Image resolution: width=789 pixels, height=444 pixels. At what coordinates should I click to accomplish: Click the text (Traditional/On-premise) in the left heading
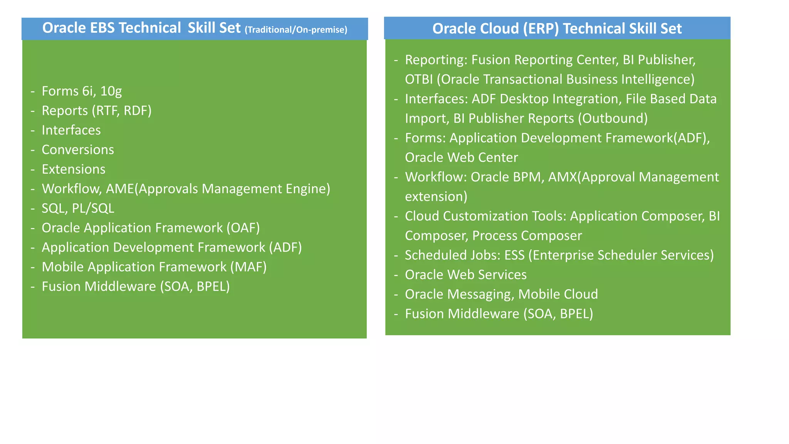click(296, 30)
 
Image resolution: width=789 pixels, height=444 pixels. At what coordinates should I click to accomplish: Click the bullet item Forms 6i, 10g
click(82, 91)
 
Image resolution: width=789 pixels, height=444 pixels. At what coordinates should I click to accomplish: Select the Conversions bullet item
click(78, 150)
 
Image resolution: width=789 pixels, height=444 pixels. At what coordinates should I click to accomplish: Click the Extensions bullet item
click(74, 169)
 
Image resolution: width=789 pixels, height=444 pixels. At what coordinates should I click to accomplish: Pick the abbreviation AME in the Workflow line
click(120, 189)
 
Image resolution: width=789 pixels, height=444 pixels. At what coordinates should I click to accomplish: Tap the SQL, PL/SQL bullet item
click(78, 209)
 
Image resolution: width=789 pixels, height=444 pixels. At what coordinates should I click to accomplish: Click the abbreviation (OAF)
click(243, 228)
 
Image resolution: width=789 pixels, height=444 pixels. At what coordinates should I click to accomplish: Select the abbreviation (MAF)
click(248, 267)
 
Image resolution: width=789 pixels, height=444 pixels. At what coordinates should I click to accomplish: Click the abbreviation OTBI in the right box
click(419, 79)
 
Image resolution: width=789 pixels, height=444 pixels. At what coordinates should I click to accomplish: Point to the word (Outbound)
click(613, 118)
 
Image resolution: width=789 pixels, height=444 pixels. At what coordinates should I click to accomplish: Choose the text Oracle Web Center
click(461, 158)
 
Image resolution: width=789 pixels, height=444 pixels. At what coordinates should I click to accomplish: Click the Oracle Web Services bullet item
click(465, 275)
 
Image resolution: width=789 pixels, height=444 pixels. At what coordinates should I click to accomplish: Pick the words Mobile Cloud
click(558, 294)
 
